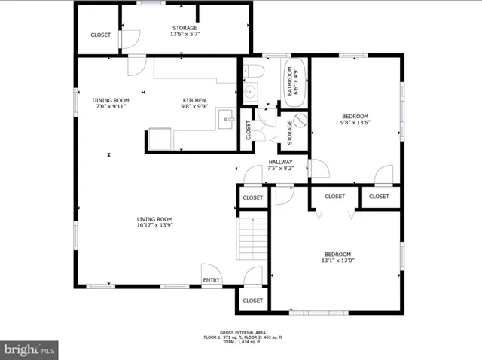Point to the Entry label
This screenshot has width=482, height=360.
(212, 280)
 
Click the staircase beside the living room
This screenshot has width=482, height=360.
(254, 239)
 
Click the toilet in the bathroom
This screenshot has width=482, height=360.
(254, 73)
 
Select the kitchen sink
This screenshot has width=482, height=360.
(225, 118)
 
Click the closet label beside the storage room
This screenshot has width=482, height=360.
(100, 35)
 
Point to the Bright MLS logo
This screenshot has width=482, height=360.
(29, 349)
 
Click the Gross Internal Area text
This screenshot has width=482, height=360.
(240, 332)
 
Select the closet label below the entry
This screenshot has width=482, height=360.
(252, 301)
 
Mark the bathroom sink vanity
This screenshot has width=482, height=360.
(250, 93)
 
